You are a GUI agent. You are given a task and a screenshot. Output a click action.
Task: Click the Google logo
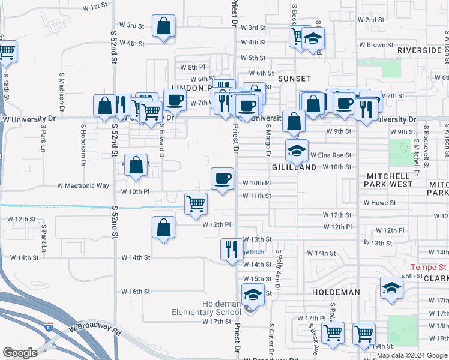[20, 353]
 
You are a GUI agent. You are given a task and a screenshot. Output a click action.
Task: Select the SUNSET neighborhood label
[294, 79]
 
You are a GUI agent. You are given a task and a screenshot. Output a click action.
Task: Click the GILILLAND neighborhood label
[294, 168]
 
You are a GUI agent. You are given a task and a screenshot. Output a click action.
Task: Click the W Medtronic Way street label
[83, 186]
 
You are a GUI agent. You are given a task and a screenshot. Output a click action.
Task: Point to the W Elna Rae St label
[330, 155]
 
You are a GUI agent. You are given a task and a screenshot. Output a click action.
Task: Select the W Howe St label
[379, 203]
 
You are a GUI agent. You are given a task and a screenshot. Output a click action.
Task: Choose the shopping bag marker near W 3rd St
[164, 26]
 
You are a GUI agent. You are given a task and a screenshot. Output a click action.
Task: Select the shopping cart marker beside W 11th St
[196, 204]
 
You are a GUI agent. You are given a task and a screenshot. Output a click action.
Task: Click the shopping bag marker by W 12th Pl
[163, 227]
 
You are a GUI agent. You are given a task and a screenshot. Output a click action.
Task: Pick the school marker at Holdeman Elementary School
[253, 295]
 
